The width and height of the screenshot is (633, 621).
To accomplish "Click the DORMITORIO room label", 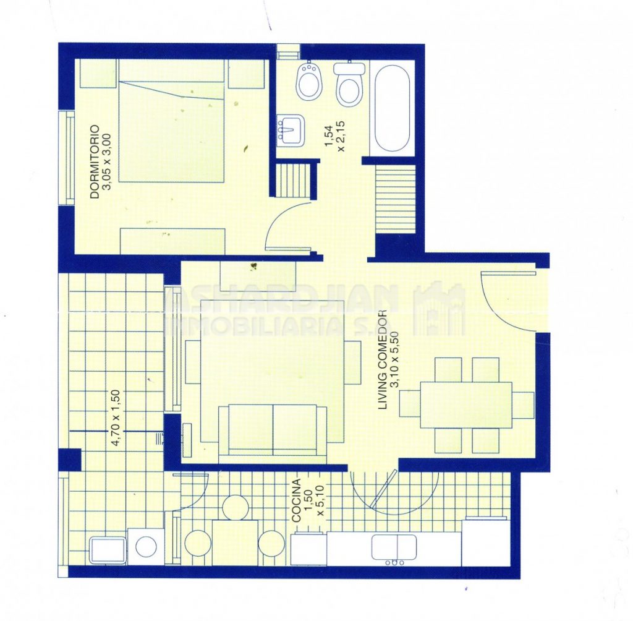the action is point(95,161).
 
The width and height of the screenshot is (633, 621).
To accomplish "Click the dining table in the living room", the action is point(466,405).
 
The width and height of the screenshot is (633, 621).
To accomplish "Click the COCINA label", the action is point(297,501).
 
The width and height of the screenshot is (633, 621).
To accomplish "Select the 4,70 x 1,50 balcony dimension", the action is point(116,418).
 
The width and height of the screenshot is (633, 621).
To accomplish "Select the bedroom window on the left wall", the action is point(67,158).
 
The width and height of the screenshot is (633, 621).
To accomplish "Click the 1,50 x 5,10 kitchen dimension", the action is point(315,501).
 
